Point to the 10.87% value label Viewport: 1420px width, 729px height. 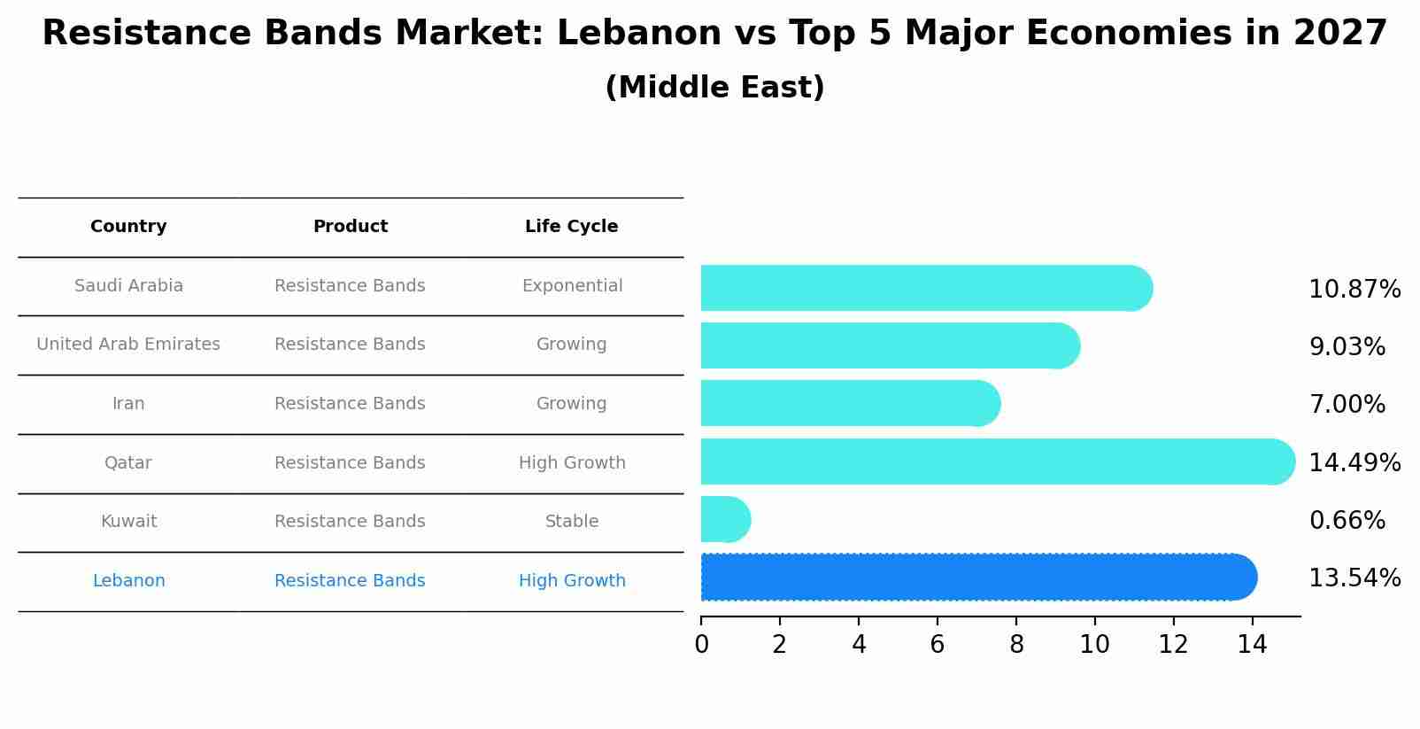[x=1354, y=290]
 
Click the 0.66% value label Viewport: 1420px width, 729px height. [x=1347, y=521]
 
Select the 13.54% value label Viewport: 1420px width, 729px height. [x=1354, y=578]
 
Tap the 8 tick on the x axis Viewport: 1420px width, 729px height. [x=1016, y=645]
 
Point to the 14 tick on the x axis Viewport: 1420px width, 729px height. [x=1252, y=645]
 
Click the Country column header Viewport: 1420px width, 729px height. [x=128, y=227]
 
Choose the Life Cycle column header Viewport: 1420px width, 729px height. [x=571, y=227]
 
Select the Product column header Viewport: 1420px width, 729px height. [x=350, y=227]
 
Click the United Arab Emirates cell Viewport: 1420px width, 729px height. [x=128, y=345]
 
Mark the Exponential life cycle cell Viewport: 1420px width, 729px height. [x=572, y=286]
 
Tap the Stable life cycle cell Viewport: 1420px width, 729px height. [x=572, y=522]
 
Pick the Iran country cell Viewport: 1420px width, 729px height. [x=128, y=404]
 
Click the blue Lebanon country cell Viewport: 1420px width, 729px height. [x=128, y=581]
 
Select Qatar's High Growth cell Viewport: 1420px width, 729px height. [x=572, y=463]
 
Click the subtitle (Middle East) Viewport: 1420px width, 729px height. [x=714, y=88]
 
